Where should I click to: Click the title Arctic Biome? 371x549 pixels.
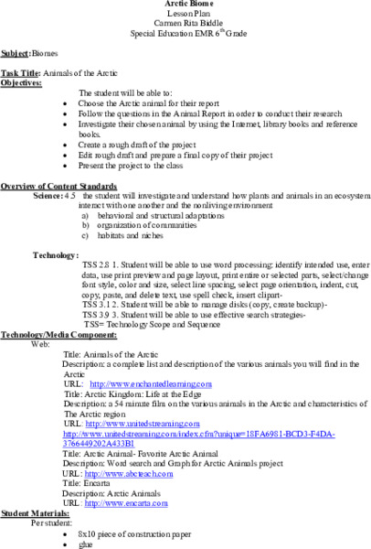pyautogui.click(x=185, y=5)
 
